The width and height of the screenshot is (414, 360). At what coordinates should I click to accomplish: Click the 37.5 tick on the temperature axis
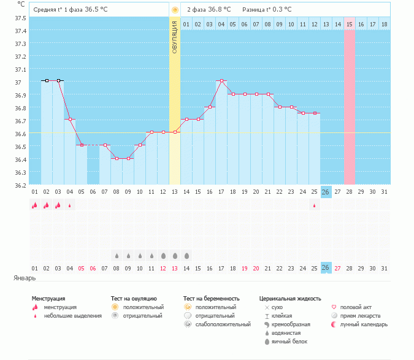pyautogui.click(x=21, y=18)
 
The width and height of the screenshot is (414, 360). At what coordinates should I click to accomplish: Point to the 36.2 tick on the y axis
pyautogui.click(x=21, y=185)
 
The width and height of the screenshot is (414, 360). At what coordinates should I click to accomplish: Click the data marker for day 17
pyautogui.click(x=221, y=81)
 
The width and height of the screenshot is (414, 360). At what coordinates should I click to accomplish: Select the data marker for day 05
pyautogui.click(x=82, y=145)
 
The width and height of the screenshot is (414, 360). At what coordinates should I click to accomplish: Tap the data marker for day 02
pyautogui.click(x=47, y=80)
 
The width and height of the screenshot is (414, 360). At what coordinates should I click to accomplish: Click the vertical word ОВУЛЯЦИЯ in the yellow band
pyautogui.click(x=175, y=37)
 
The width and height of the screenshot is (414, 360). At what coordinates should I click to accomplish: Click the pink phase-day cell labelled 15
pyautogui.click(x=350, y=24)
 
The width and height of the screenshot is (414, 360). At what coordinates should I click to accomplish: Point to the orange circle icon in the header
pyautogui.click(x=175, y=10)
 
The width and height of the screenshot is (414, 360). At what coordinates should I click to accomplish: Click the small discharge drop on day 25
pyautogui.click(x=315, y=206)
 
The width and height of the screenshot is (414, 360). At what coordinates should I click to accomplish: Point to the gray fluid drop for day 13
pyautogui.click(x=175, y=255)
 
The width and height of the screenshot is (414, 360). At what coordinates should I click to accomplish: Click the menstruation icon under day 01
pyautogui.click(x=35, y=206)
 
